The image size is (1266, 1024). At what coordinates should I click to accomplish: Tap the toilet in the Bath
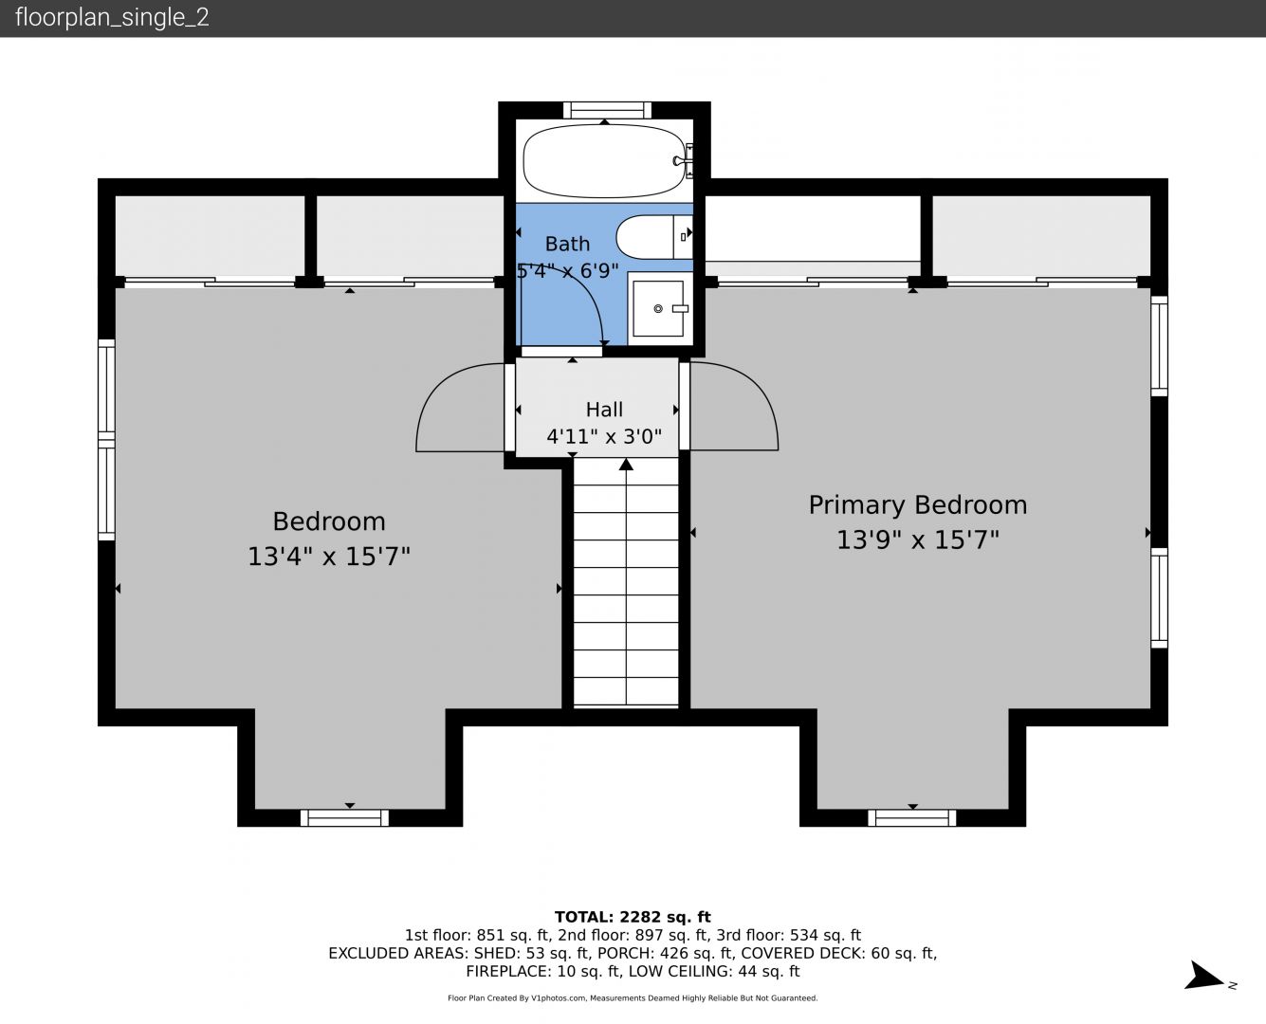pyautogui.click(x=653, y=237)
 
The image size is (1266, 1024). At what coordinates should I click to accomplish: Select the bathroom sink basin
pyautogui.click(x=658, y=308)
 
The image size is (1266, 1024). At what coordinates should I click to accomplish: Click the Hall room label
pyautogui.click(x=604, y=410)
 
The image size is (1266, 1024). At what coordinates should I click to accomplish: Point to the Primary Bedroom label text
pyautogui.click(x=918, y=505)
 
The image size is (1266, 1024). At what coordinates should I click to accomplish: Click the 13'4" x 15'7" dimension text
pyautogui.click(x=329, y=557)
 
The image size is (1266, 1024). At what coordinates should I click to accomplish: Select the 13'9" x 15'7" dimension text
pyautogui.click(x=918, y=540)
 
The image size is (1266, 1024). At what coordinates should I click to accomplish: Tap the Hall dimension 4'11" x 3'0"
pyautogui.click(x=604, y=437)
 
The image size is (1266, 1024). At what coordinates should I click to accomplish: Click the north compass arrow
pyautogui.click(x=1205, y=978)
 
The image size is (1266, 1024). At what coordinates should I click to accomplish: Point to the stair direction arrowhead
pyautogui.click(x=626, y=465)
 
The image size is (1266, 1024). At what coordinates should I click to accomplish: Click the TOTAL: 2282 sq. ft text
pyautogui.click(x=633, y=917)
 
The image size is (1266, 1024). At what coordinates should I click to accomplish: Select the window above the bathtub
pyautogui.click(x=607, y=111)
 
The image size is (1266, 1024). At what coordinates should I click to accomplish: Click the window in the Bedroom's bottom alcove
pyautogui.click(x=344, y=817)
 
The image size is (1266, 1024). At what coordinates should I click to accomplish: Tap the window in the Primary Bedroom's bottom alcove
pyautogui.click(x=911, y=817)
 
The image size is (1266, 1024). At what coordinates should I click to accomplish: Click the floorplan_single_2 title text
pyautogui.click(x=112, y=17)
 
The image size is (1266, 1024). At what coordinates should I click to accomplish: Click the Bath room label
pyautogui.click(x=567, y=244)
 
